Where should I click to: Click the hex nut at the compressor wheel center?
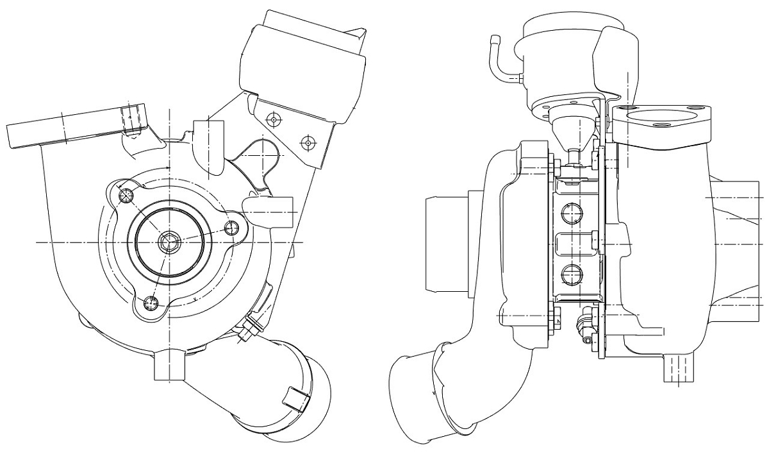click(169, 242)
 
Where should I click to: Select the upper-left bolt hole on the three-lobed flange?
click(126, 195)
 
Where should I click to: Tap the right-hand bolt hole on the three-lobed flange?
click(233, 227)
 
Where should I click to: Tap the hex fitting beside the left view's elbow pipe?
click(249, 329)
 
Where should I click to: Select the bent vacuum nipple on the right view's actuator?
click(499, 61)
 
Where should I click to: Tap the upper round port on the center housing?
click(570, 212)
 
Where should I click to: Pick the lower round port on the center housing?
click(570, 274)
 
